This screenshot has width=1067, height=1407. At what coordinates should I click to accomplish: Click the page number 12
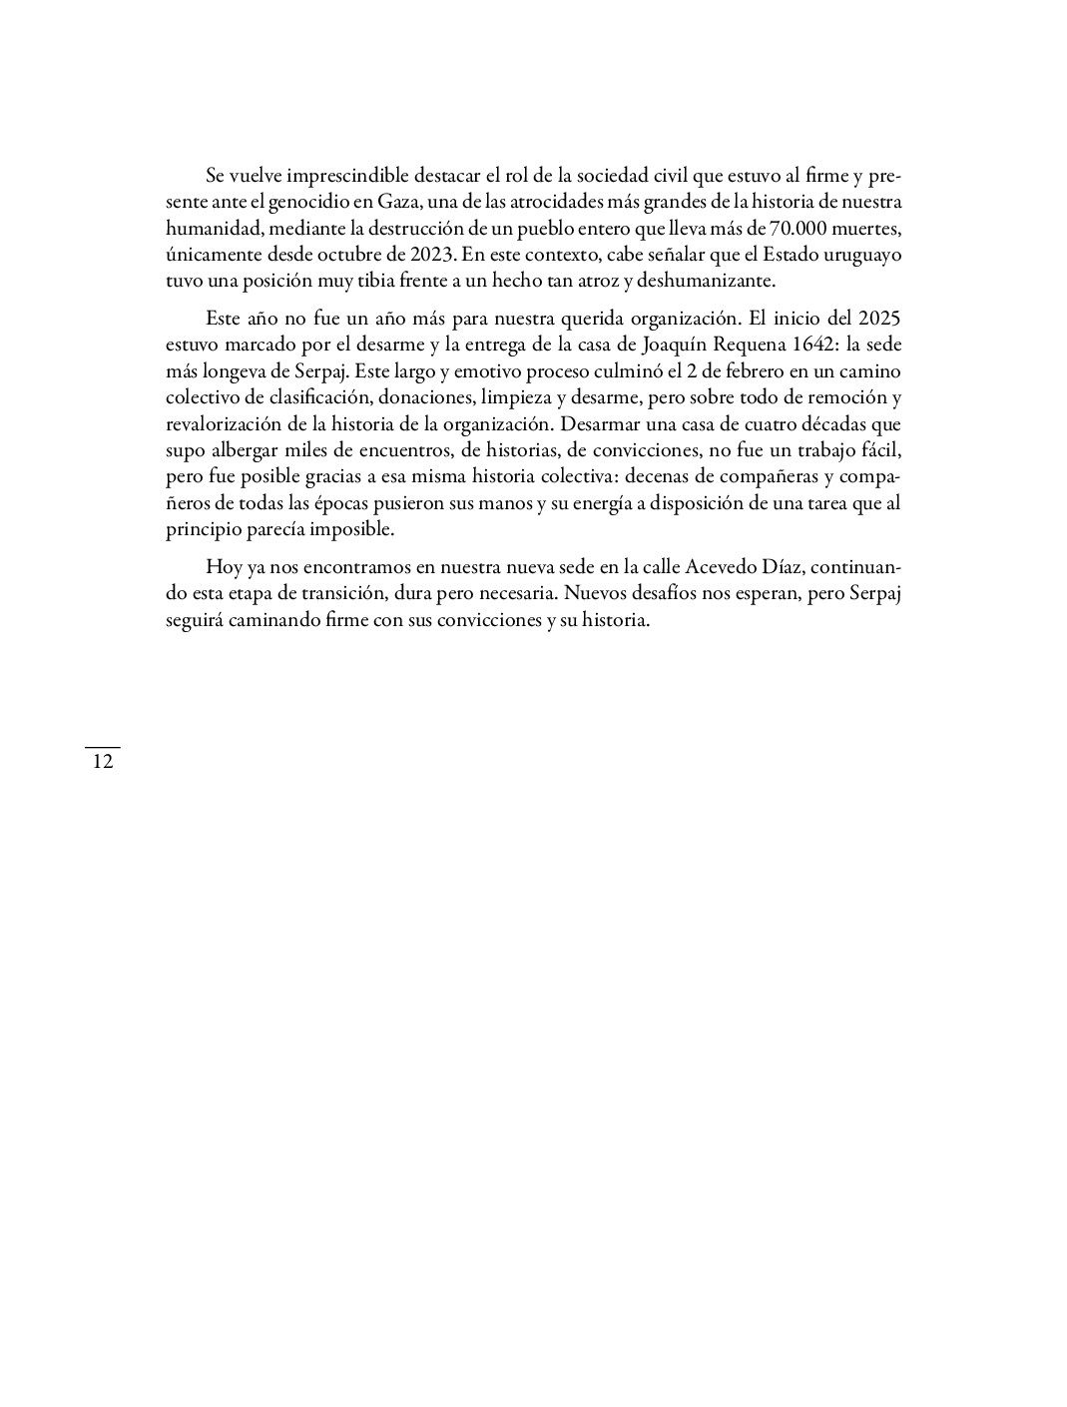pyautogui.click(x=102, y=762)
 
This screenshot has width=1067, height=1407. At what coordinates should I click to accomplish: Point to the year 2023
pyautogui.click(x=434, y=255)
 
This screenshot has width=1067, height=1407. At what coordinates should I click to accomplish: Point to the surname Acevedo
pyautogui.click(x=721, y=566)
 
